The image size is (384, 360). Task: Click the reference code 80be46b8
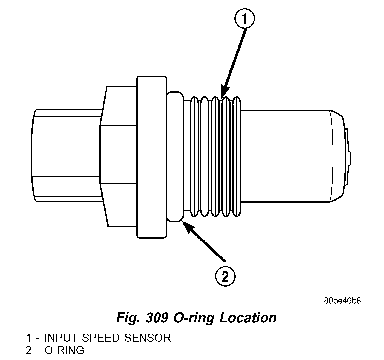pos(342,301)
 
